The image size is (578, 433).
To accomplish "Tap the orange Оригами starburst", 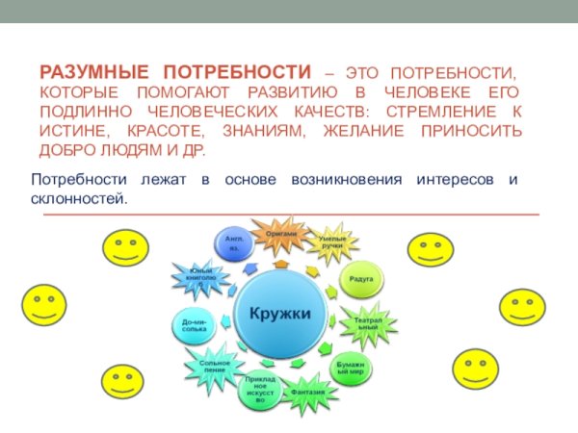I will coord(281,236).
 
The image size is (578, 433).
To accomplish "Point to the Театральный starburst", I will coord(366,322).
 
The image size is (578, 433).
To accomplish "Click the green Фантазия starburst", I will coord(308,392).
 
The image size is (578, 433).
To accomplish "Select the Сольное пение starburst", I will coord(215,367).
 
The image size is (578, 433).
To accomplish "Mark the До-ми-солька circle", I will coord(194,326).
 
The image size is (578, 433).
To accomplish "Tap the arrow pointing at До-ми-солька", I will coord(223,322).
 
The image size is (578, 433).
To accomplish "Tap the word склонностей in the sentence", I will coord(79,197).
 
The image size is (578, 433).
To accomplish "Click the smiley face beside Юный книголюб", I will coord(126,250).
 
